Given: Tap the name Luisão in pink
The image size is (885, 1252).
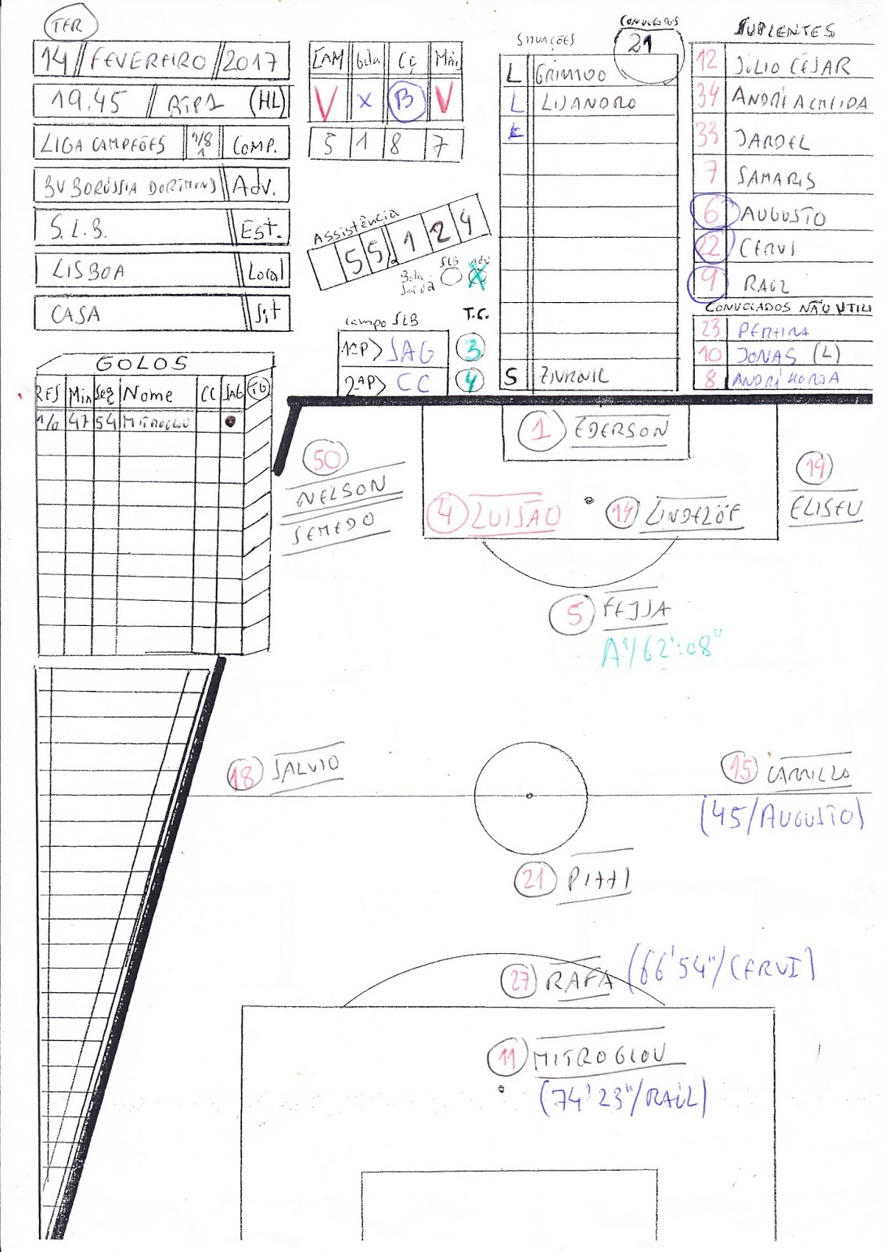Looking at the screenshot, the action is click(x=515, y=516).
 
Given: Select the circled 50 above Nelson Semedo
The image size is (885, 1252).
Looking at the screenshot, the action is click(x=326, y=460).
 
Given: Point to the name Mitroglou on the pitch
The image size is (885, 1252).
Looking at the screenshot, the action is click(x=599, y=1057).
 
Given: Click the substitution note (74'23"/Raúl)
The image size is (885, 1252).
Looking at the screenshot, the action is click(x=622, y=1098).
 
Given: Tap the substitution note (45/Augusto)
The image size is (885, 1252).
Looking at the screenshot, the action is click(x=782, y=817).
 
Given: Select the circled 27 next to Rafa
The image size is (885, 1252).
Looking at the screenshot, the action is click(x=520, y=979).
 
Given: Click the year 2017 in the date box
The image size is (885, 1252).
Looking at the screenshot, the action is click(x=249, y=61).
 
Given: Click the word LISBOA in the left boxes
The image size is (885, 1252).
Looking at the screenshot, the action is click(x=88, y=271).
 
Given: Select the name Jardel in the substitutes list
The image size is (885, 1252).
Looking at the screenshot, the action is click(x=772, y=142).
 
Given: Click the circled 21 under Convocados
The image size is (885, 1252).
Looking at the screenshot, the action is click(x=641, y=45).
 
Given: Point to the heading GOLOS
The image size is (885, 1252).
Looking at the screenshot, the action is click(x=142, y=363).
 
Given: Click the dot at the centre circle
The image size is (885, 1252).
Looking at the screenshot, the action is click(x=530, y=796).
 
